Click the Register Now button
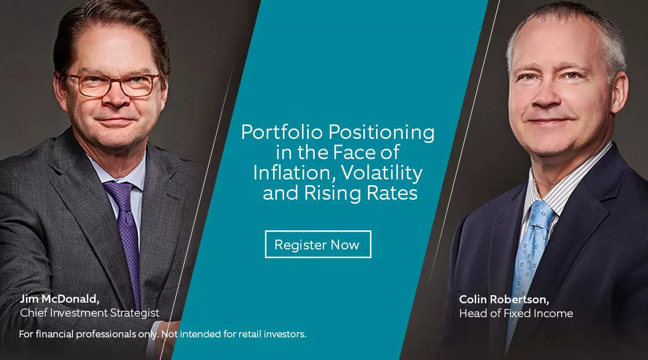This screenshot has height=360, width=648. tap(318, 244)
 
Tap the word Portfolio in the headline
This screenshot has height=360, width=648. tap(282, 132)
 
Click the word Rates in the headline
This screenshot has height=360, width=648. tap(393, 193)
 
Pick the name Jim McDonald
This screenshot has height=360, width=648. tap(60, 299)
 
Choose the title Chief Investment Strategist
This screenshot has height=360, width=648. tap(90, 313)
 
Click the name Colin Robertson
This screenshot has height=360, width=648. tap(504, 299)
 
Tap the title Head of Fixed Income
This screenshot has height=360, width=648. tap(516, 313)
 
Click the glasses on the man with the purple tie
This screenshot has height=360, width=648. tap(112, 85)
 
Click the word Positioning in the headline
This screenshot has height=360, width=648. tap(381, 133)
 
